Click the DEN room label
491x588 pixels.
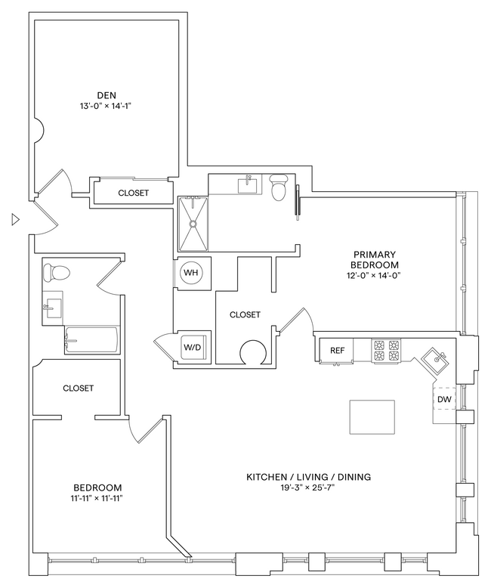click(106, 94)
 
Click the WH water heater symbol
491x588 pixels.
click(191, 273)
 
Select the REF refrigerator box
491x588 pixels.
click(337, 350)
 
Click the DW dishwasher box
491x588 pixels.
click(444, 399)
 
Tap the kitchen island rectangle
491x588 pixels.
click(372, 416)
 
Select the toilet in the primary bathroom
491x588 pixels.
click(278, 187)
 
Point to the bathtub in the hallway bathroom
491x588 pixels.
click(91, 341)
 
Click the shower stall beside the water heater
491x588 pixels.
click(193, 224)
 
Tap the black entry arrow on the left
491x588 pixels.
click(15, 220)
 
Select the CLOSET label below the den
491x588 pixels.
click(134, 193)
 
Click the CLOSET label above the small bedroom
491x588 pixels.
click(78, 388)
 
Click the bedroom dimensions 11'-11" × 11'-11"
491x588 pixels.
click(98, 499)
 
